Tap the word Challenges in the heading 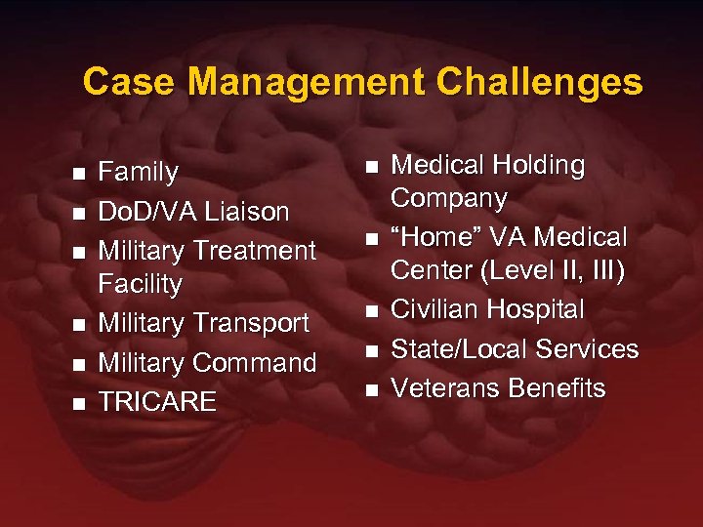[x=540, y=81]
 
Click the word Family [x=140, y=173]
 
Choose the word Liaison [x=250, y=212]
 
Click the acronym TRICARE [x=158, y=401]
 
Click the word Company [x=449, y=199]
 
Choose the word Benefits [x=553, y=387]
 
